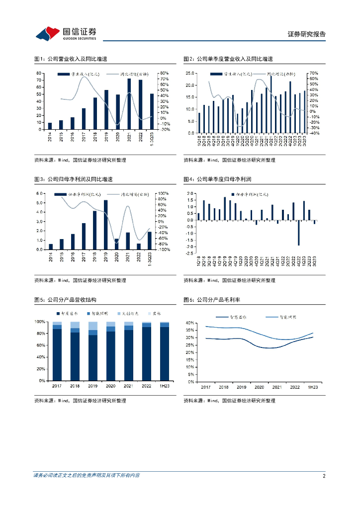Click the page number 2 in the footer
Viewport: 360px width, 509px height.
[x=324, y=476]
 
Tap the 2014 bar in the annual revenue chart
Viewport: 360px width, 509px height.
[x=50, y=126]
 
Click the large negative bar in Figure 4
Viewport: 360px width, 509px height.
[x=299, y=233]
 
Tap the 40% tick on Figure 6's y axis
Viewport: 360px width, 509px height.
[x=189, y=323]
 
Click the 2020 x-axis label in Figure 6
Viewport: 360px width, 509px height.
[x=259, y=387]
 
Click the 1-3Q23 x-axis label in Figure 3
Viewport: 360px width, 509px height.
[x=150, y=258]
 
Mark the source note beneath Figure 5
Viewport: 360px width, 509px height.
[x=80, y=401]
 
